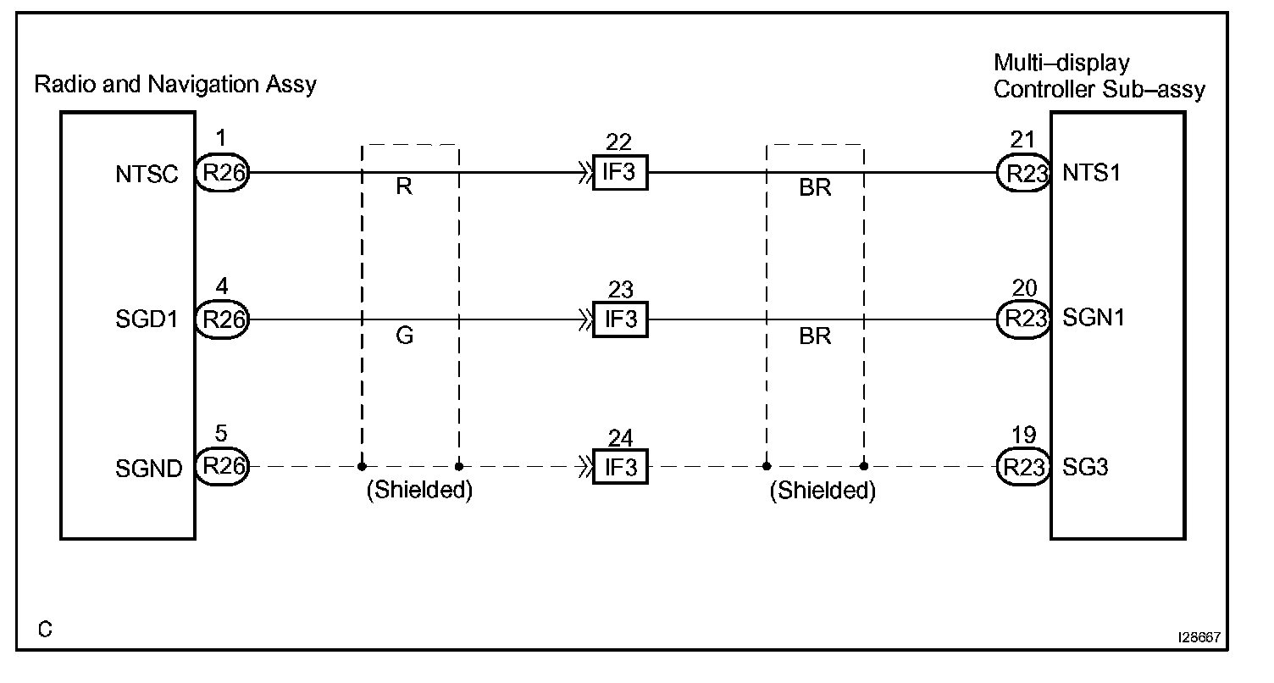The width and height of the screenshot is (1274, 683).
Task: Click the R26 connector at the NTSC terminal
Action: [x=222, y=174]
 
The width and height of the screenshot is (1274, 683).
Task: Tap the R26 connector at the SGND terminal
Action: [x=222, y=467]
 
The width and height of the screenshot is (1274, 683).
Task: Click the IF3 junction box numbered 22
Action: [x=620, y=174]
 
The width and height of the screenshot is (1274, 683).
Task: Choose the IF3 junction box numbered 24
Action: [x=620, y=467]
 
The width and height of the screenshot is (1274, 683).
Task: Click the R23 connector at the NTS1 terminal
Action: [x=1023, y=174]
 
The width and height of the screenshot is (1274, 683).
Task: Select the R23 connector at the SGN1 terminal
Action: [x=1023, y=319]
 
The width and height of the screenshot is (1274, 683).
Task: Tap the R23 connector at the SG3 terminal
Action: [x=1023, y=467]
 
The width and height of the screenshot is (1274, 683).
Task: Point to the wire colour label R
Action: [x=404, y=188]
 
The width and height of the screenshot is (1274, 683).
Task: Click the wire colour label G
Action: [x=405, y=336]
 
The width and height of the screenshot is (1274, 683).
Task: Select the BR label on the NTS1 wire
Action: [x=815, y=188]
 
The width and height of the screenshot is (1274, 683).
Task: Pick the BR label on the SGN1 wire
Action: [x=815, y=336]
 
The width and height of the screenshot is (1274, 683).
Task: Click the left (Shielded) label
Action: [x=418, y=491]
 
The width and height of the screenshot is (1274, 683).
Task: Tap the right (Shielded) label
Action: [x=823, y=491]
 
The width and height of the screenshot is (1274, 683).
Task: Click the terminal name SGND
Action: [x=148, y=468]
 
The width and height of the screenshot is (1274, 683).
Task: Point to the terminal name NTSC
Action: [x=147, y=175]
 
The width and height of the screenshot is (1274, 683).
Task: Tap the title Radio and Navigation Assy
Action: [x=175, y=85]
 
